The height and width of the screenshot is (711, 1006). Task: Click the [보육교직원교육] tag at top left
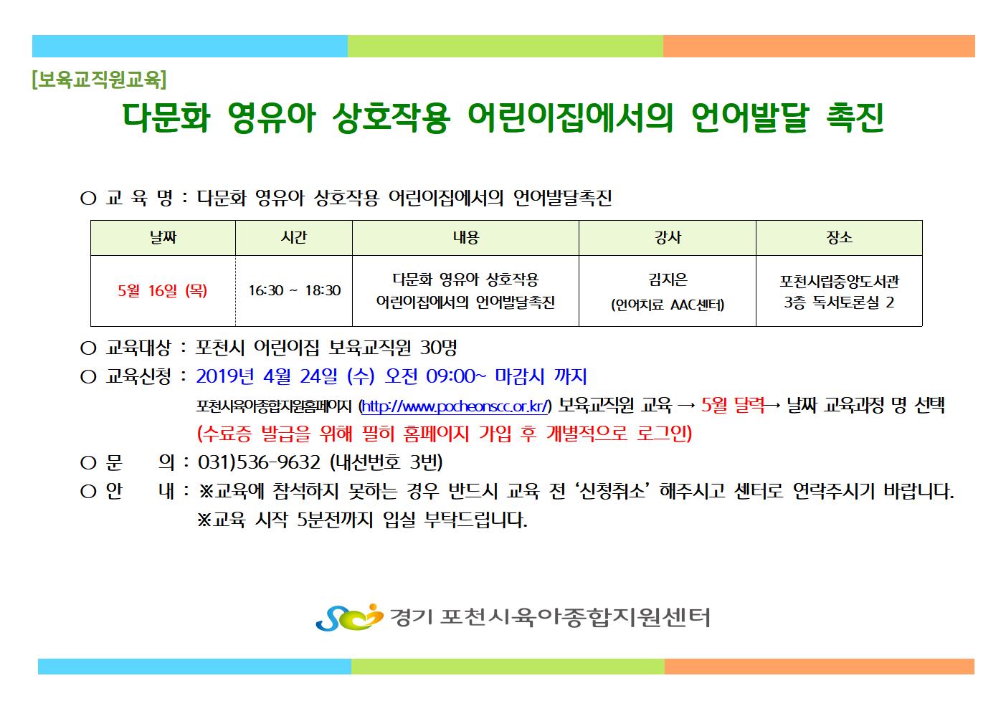[99, 80]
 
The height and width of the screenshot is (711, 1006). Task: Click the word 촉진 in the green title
[855, 118]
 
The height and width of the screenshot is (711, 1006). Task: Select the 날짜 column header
[163, 237]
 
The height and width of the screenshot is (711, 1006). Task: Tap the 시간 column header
[294, 237]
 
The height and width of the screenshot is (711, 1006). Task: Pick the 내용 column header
[466, 237]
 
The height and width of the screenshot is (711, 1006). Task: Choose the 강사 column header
[668, 237]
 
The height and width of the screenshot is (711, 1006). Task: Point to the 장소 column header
[839, 237]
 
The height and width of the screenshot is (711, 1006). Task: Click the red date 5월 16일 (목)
[163, 291]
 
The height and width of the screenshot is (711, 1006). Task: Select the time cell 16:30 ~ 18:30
[295, 290]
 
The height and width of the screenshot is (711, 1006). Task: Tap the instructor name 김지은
[668, 280]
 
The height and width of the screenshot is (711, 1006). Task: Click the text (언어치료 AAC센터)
[668, 305]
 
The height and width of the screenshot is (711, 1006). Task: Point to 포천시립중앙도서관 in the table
[839, 282]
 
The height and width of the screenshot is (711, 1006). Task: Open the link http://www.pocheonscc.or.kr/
[455, 406]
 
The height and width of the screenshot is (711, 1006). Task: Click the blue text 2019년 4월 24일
[267, 376]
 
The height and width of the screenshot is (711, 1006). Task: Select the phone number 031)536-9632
[259, 462]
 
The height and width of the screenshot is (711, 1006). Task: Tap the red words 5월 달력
[733, 406]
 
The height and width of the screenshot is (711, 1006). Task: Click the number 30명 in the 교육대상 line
[438, 348]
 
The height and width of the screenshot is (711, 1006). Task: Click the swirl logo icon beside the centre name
[349, 617]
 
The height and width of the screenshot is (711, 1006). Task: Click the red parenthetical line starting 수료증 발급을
[445, 434]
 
